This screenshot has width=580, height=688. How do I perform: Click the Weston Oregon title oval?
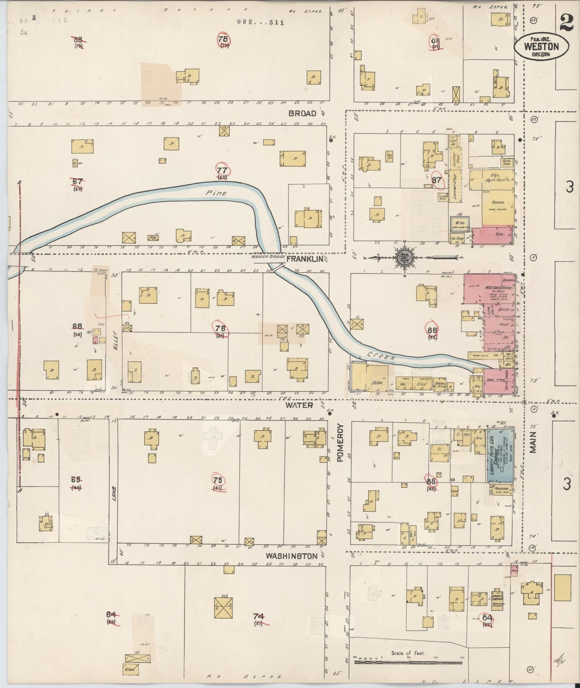[541, 46]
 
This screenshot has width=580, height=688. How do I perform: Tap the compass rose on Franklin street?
[404, 258]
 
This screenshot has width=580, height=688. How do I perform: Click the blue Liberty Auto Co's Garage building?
[501, 455]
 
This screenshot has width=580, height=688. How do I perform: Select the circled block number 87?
[437, 181]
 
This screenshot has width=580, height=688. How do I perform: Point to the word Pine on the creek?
[216, 193]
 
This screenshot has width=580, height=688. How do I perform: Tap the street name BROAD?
[303, 114]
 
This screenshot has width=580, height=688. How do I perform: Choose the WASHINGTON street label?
[292, 556]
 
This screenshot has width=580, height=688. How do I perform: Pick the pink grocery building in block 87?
[492, 235]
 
